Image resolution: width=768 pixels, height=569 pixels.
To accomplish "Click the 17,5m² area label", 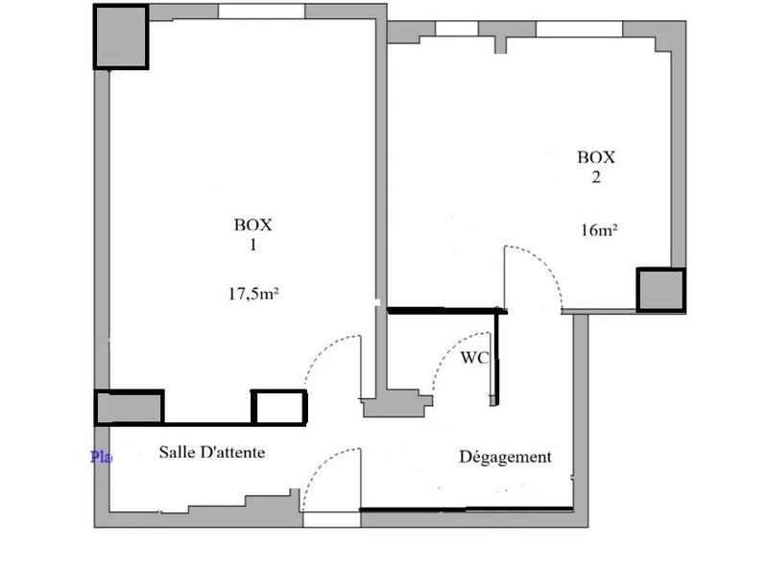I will coord(252,294).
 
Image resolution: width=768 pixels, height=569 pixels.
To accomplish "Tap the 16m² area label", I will coord(599,230).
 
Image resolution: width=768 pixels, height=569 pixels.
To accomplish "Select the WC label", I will coord(475,358).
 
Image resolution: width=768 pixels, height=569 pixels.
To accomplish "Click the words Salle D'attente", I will coord(211,452).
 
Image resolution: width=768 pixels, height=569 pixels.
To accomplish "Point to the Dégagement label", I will coord(505,458).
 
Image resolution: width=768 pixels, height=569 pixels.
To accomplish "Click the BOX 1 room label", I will coord(253,235).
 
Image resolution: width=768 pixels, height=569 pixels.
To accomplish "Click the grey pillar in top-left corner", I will coord(120,37).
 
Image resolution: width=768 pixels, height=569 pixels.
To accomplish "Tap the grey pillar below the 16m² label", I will coord(660,291).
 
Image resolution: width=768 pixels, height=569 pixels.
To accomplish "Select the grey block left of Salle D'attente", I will coord(129,407).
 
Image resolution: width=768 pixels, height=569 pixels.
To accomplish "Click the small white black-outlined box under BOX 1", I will coord(278,407).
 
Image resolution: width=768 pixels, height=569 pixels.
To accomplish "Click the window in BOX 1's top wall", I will coord(261,12).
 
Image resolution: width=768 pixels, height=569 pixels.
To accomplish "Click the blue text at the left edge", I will coord(100,457).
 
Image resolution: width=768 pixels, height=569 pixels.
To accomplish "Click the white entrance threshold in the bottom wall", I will coord(331,519).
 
